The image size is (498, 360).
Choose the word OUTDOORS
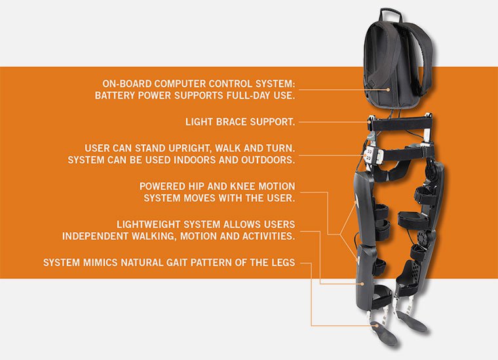click(268, 160)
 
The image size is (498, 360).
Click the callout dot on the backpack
click(388, 90)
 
